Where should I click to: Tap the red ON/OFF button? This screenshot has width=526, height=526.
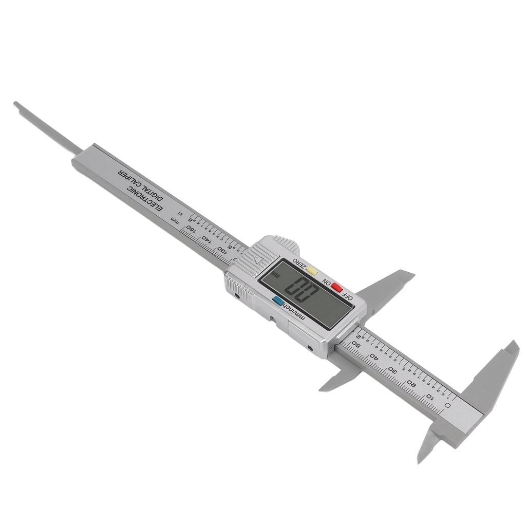pyautogui.click(x=337, y=288)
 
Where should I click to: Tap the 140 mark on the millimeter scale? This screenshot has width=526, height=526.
pyautogui.click(x=207, y=240)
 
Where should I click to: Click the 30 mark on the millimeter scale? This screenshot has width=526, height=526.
pyautogui.click(x=393, y=370)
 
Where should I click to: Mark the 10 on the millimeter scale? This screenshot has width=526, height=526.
pyautogui.click(x=430, y=396)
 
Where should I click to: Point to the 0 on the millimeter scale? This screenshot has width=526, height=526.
pyautogui.click(x=448, y=405)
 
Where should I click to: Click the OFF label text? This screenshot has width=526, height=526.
pyautogui.click(x=348, y=296)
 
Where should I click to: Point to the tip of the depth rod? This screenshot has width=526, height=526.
pyautogui.click(x=15, y=104)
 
